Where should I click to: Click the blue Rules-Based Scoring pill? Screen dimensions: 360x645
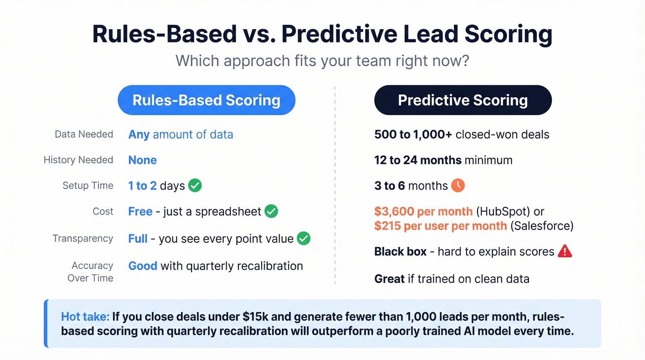tap(206, 100)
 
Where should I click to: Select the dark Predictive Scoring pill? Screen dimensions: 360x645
tap(463, 100)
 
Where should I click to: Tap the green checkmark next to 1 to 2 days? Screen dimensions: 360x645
tap(195, 186)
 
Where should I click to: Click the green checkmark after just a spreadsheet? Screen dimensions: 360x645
tap(271, 212)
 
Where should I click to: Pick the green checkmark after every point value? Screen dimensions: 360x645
tap(304, 238)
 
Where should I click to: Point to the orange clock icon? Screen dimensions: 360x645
tap(458, 185)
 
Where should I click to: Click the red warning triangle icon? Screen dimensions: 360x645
tap(564, 251)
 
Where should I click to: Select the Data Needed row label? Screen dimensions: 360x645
tap(84, 134)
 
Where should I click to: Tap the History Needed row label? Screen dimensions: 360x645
tap(78, 160)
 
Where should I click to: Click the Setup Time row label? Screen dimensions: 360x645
tap(88, 185)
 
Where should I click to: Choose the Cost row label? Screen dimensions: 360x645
tap(103, 211)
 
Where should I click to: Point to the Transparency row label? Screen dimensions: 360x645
tap(83, 238)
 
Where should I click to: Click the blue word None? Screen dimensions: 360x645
tap(142, 160)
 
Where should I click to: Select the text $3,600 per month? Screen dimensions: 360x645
tap(423, 212)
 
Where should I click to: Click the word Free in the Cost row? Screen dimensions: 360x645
tap(140, 212)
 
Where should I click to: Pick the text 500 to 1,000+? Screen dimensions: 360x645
tap(413, 135)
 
